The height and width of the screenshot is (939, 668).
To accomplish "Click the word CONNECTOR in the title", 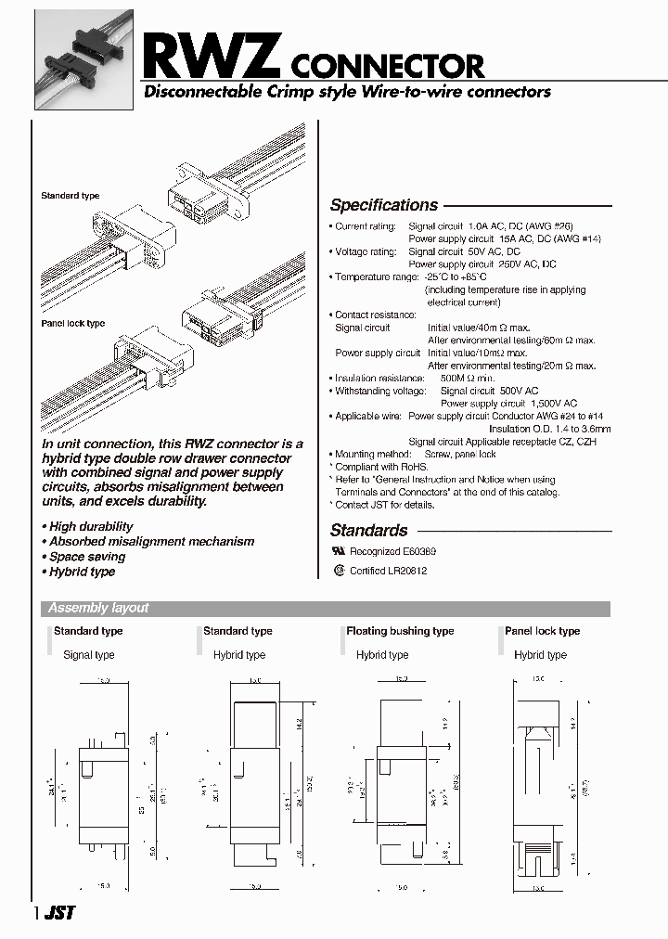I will click(389, 66).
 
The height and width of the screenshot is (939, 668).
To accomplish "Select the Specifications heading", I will click(383, 205).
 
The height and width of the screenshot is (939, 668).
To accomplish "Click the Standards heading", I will click(368, 531).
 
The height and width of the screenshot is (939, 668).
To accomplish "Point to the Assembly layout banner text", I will click(98, 609).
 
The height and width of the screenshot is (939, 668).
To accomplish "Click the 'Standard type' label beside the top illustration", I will click(70, 196).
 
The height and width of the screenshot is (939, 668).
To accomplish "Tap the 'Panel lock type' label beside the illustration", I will click(72, 324).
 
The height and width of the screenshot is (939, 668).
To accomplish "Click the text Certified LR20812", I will click(388, 571).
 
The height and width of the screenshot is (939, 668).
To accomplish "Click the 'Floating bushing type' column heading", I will click(400, 631).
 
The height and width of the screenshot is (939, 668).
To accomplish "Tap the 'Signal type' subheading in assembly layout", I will click(88, 655).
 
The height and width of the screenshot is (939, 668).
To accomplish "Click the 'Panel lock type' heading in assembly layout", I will click(542, 631).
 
